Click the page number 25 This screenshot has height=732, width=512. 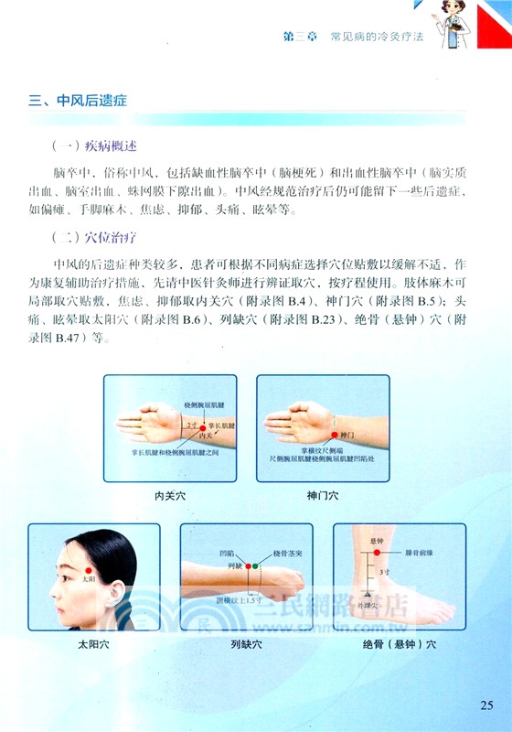tap(485, 704)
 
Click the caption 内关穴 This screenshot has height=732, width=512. tap(170, 496)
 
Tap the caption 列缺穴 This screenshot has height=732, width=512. tap(246, 644)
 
